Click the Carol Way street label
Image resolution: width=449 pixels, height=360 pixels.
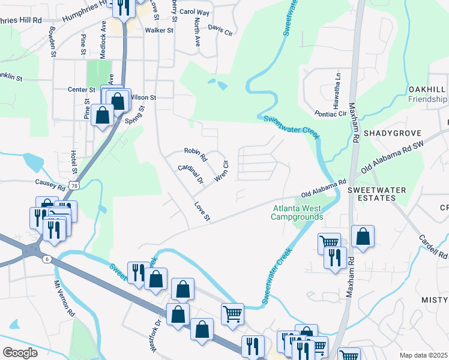click(194, 12)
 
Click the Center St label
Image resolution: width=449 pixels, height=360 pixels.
click(82, 89)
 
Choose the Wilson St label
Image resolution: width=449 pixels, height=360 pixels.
click(143, 97)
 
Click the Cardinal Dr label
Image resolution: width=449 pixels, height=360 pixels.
click(191, 173)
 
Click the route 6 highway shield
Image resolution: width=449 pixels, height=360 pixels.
click(46, 259)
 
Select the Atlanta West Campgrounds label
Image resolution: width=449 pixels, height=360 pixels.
click(297, 212)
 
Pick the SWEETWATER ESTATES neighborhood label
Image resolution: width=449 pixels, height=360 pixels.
click(377, 194)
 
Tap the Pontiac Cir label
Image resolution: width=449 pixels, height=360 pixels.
click(331, 113)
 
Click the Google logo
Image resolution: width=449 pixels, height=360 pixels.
click(20, 352)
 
